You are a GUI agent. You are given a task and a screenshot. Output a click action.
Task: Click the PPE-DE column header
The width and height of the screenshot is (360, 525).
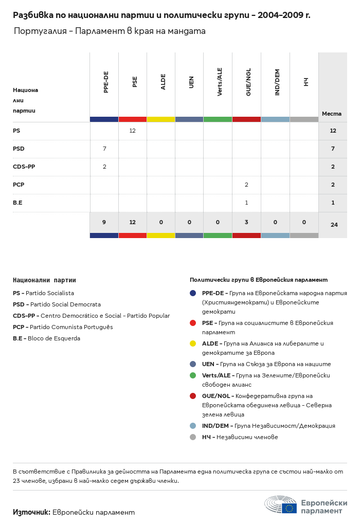[106, 82]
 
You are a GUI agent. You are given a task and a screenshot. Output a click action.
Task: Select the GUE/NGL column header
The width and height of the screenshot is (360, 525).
[248, 82]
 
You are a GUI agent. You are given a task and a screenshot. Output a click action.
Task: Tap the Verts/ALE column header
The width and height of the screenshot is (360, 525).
[220, 82]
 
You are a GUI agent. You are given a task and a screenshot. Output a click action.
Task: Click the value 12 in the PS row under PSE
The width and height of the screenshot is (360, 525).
[132, 131]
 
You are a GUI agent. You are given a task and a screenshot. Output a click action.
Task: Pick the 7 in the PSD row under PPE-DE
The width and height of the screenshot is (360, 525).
[104, 149]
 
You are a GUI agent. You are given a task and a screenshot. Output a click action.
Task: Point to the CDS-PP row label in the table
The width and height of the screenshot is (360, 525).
[24, 167]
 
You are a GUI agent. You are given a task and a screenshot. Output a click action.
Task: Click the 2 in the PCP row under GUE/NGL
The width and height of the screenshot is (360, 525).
[246, 185]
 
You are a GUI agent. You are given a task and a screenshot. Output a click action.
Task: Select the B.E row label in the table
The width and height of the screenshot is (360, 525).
[17, 203]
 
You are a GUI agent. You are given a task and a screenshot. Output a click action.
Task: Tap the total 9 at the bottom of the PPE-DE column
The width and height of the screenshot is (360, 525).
[104, 223]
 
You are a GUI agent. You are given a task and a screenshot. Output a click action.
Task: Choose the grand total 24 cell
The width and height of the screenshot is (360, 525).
[333, 225]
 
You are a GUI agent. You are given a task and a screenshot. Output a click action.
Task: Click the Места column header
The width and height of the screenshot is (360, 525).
[332, 114]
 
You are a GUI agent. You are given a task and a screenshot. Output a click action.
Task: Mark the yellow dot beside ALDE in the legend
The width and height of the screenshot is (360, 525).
[193, 343]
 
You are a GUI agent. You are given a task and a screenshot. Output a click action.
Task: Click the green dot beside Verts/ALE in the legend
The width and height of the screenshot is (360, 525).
[193, 375]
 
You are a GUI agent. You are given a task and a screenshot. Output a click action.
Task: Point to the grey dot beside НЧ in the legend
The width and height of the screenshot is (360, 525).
[193, 437]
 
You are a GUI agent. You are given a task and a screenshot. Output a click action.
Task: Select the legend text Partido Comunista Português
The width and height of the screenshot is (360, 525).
[71, 327]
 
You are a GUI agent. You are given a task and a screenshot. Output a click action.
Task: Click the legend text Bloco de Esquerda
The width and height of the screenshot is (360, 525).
[54, 338]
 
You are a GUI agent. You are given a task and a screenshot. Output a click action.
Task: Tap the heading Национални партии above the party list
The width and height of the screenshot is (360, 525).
[44, 280]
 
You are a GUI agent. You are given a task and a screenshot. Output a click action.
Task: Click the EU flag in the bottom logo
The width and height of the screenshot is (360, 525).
[289, 508]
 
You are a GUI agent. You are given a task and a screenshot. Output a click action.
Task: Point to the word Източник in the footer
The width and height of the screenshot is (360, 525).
[31, 512]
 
